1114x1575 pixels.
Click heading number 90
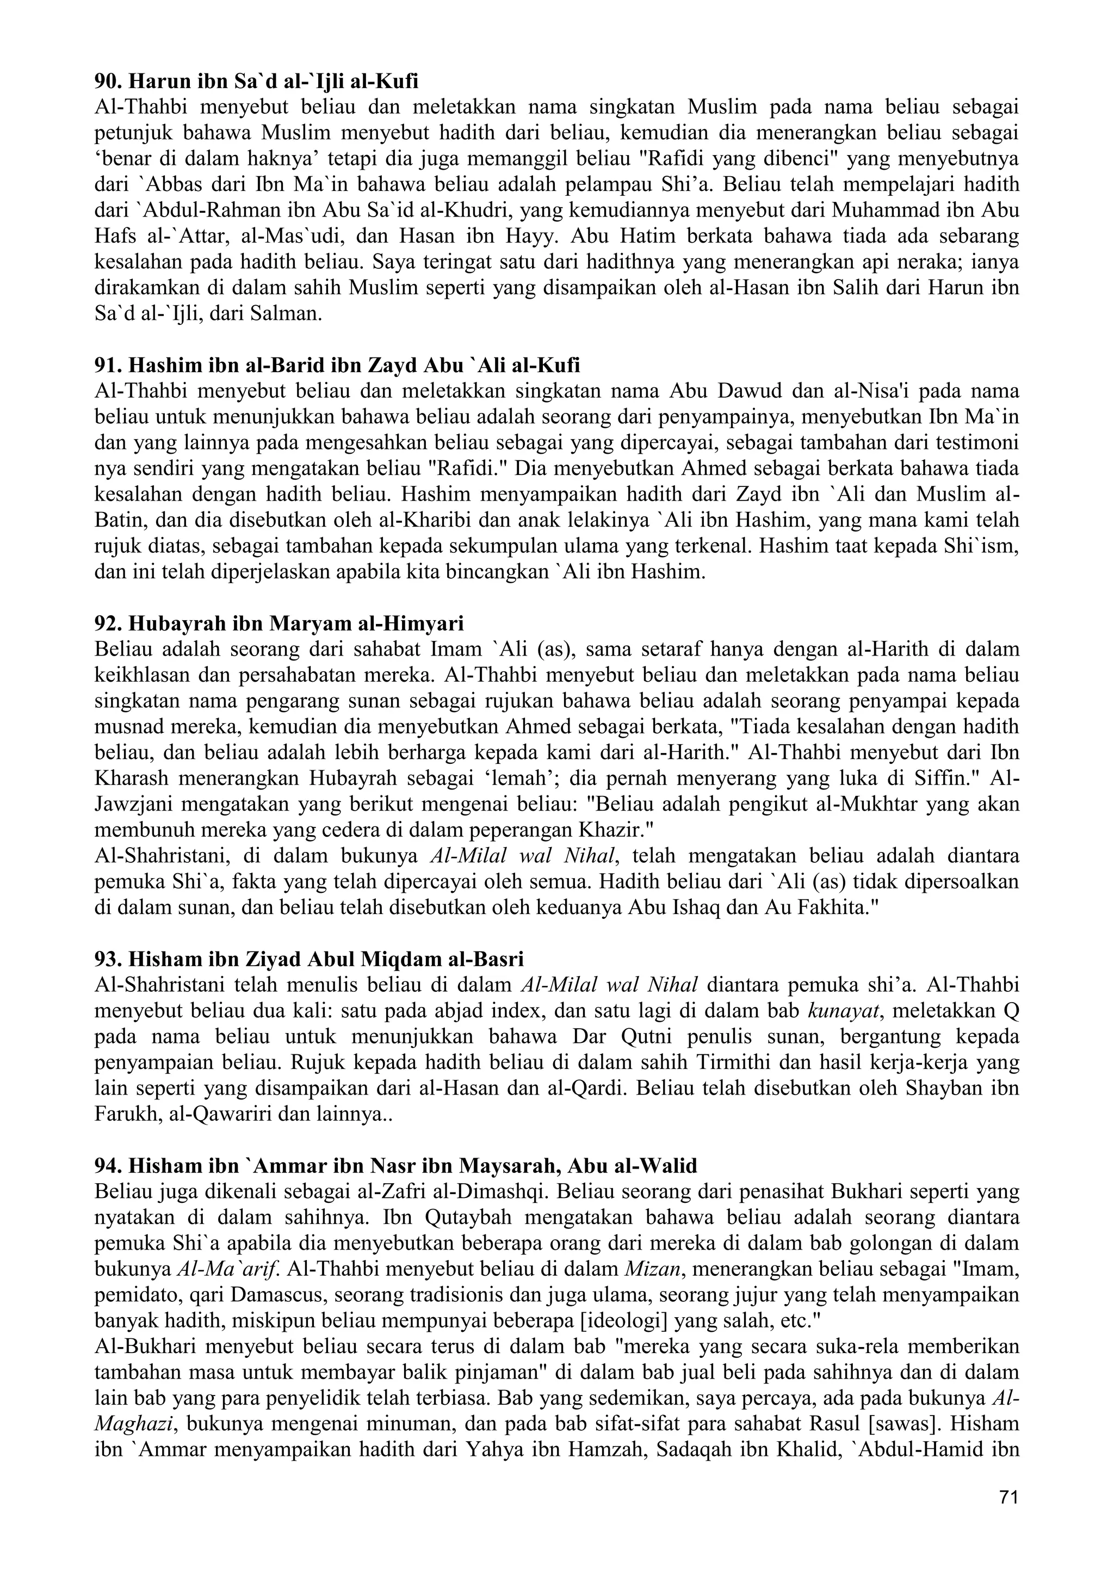click(x=256, y=81)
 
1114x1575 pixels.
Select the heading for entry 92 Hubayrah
click(x=278, y=623)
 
